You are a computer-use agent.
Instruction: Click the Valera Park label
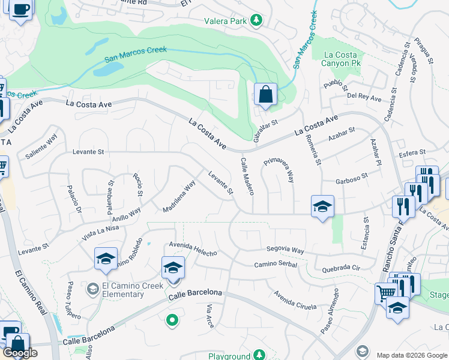[230, 21]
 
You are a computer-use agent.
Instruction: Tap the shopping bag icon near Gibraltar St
[265, 94]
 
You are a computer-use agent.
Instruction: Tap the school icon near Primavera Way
[322, 206]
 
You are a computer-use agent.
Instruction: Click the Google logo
[20, 353]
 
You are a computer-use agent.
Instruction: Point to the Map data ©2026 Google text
[412, 355]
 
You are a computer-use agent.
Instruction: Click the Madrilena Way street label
[179, 197]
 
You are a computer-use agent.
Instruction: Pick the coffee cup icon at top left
[21, 10]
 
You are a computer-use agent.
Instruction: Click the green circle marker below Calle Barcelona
[172, 320]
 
